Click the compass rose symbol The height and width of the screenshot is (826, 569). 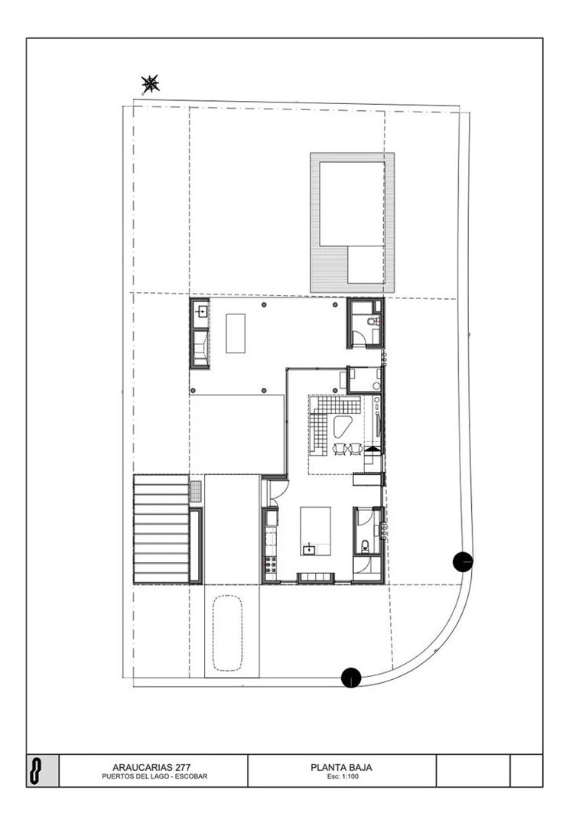[150, 84]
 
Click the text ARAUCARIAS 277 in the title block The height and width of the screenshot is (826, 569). [151, 768]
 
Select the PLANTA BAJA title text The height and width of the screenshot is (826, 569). [341, 768]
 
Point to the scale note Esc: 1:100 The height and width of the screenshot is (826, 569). [342, 776]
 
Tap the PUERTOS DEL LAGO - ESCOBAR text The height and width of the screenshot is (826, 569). [154, 776]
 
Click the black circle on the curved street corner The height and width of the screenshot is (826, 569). [463, 562]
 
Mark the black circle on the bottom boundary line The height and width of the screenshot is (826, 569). [351, 678]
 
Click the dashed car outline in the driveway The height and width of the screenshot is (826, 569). [228, 633]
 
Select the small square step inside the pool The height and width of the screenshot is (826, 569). [366, 265]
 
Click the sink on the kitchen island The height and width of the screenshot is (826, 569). [309, 550]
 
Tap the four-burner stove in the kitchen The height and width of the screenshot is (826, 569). [271, 564]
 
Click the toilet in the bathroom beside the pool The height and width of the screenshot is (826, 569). [372, 320]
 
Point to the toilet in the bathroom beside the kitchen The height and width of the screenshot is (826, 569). [365, 545]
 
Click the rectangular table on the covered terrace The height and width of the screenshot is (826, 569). [236, 333]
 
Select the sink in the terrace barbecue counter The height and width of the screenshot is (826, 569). [200, 312]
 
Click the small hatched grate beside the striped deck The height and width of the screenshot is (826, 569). [196, 491]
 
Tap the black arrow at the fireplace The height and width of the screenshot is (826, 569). [372, 450]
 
